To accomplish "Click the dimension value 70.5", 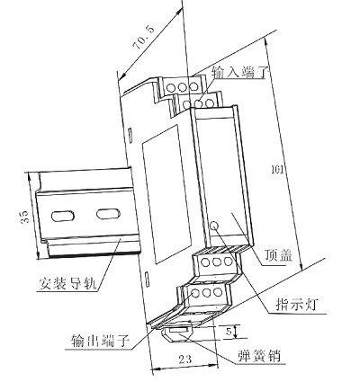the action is pyautogui.click(x=144, y=38).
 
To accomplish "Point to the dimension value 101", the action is pyautogui.click(x=277, y=170).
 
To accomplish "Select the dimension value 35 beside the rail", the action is pyautogui.click(x=24, y=217).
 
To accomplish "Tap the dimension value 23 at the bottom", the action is pyautogui.click(x=185, y=359).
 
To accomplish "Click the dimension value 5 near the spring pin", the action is pyautogui.click(x=229, y=332).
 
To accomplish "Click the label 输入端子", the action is pyautogui.click(x=239, y=72).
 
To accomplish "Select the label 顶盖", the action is pyautogui.click(x=278, y=255).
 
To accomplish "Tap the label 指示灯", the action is pyautogui.click(x=295, y=305).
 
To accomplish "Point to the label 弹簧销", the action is pyautogui.click(x=258, y=356).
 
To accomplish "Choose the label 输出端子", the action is pyautogui.click(x=100, y=341).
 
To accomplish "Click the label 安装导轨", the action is pyautogui.click(x=67, y=283).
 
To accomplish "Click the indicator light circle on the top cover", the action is pyautogui.click(x=214, y=226).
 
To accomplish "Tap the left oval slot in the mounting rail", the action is pyautogui.click(x=63, y=216).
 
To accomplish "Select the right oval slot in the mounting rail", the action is pyautogui.click(x=108, y=214).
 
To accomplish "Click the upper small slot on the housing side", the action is pyautogui.click(x=130, y=136).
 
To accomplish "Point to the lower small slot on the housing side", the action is pyautogui.click(x=147, y=279).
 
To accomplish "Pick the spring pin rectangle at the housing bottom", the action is pyautogui.click(x=178, y=330).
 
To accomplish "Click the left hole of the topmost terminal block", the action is pyautogui.click(x=171, y=88).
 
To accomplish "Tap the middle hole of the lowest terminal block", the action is pyautogui.click(x=206, y=293).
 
